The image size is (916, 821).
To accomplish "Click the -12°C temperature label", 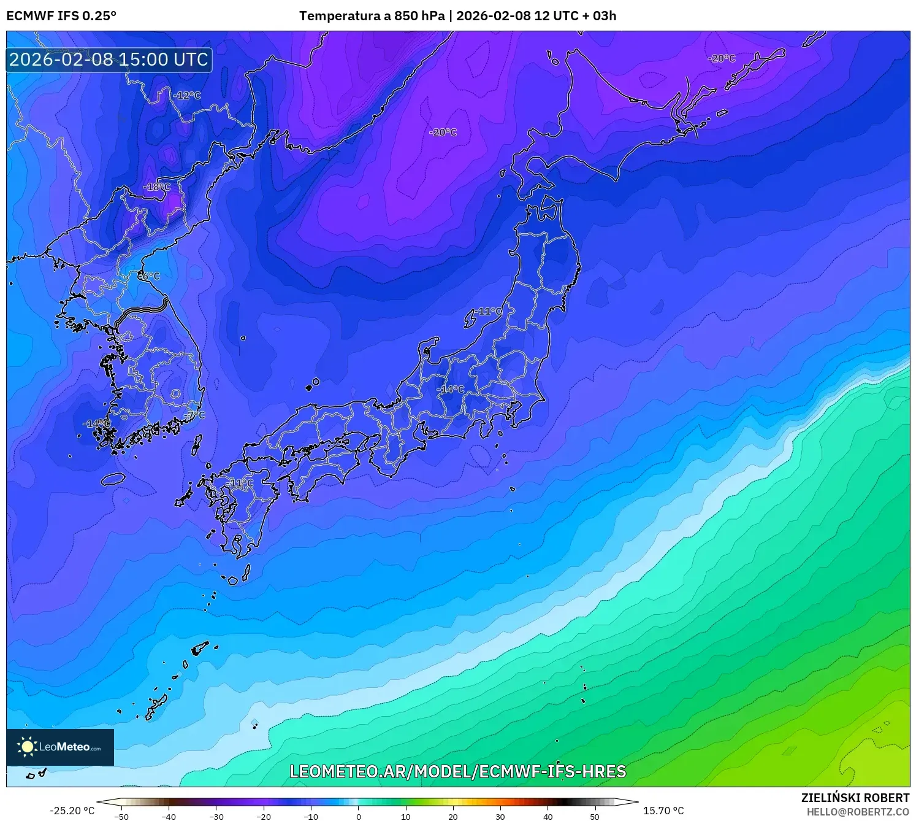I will (187, 96).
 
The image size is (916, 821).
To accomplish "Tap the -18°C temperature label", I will (157, 187).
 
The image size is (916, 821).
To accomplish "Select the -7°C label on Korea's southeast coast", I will (194, 415).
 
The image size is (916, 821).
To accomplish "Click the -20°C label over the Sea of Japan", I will (443, 133).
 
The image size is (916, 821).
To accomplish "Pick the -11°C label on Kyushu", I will (239, 484).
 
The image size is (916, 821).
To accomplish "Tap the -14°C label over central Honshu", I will (451, 390).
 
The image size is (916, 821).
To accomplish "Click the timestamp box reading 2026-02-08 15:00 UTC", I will (109, 60).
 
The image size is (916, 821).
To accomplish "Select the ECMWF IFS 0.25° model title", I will (61, 16).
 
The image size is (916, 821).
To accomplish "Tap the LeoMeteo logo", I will (60, 747).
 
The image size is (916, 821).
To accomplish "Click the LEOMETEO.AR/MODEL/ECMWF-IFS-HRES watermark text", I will (457, 771).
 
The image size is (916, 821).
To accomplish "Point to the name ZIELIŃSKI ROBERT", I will (855, 798).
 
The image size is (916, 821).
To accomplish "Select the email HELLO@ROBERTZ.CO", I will (858, 812).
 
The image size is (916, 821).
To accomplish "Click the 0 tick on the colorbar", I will (358, 817).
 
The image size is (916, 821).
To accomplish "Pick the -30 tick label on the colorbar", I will (216, 817).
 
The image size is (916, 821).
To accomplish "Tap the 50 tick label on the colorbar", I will (595, 817).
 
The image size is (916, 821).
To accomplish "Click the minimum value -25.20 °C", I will (72, 811).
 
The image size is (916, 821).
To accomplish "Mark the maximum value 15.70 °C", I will (663, 811).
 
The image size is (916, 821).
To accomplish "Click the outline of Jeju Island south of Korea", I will (113, 479).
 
